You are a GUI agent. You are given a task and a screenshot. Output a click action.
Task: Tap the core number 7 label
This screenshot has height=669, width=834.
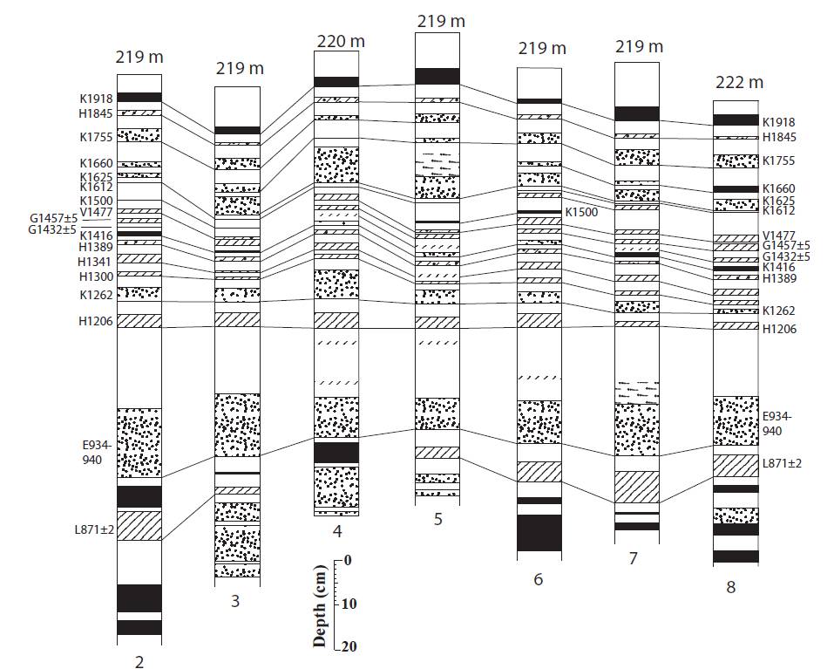[x=634, y=557]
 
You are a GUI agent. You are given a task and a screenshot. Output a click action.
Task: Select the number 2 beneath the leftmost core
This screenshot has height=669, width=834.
[x=139, y=661]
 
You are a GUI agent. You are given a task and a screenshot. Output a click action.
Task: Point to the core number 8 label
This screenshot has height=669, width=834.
[x=731, y=587]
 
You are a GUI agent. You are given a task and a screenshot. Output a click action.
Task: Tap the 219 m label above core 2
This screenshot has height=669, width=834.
[x=139, y=58]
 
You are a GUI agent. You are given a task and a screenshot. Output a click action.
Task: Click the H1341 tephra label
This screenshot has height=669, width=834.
[x=94, y=263]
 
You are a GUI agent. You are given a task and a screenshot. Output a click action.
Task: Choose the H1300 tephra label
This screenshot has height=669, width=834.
[x=94, y=276]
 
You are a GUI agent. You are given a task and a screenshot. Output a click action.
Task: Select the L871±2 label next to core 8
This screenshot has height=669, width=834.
[x=782, y=462]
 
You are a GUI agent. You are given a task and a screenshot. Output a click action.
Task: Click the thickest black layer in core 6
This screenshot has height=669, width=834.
[x=539, y=533]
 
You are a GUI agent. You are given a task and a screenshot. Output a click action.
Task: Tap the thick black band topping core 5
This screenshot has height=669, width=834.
[x=437, y=76]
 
